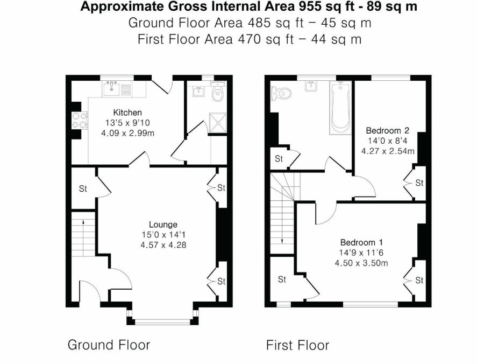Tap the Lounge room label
[x=163, y=224]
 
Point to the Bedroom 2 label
[x=387, y=130]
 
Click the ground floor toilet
[x=217, y=94]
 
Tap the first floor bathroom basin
[x=310, y=87]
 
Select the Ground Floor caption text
[x=109, y=345]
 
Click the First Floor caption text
[x=297, y=345]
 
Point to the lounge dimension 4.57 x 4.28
[x=163, y=244]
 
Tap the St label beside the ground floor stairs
[x=82, y=188]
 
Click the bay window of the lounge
[x=162, y=321]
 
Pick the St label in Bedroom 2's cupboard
[x=419, y=183]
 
